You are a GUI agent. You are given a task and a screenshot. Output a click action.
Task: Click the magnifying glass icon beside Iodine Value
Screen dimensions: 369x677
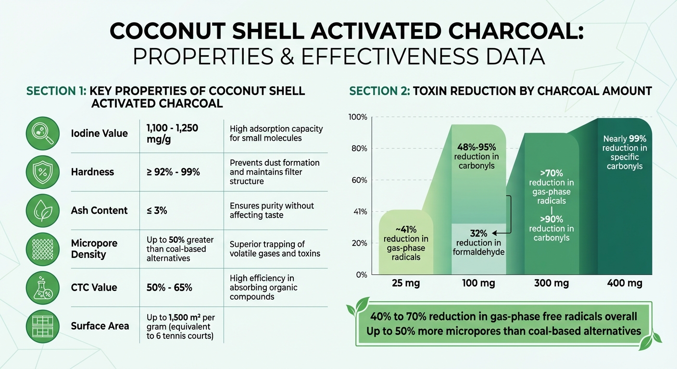tap(42, 134)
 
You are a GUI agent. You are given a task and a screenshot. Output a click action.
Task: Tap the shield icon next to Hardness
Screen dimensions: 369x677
tap(42, 172)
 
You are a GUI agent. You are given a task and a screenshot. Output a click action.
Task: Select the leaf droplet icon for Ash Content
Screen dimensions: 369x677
tap(42, 210)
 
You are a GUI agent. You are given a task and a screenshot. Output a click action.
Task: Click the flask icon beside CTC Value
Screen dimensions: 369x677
tap(42, 287)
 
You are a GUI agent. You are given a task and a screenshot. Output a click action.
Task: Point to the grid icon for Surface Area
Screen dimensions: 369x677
tap(42, 326)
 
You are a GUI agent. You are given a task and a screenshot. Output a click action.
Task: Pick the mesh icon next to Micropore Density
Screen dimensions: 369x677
tap(42, 249)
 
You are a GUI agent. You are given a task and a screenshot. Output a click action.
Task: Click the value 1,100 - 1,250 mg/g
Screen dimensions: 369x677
tap(172, 133)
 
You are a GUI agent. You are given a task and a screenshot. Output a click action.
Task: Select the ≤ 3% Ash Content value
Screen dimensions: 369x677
tap(157, 210)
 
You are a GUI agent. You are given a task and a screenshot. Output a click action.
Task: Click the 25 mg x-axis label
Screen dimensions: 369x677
tap(406, 283)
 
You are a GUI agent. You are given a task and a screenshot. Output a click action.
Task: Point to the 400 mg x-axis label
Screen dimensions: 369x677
tap(625, 283)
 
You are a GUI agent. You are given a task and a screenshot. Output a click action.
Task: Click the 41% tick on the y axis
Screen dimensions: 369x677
tap(359, 211)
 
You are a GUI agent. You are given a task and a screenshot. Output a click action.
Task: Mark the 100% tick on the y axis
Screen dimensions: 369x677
tap(358, 117)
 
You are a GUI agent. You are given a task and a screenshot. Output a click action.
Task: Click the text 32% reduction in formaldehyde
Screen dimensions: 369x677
tap(478, 243)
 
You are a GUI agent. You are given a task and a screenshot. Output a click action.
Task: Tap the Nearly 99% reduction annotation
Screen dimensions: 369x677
tap(625, 152)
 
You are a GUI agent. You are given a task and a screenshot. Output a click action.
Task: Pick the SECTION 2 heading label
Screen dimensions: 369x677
tap(377, 91)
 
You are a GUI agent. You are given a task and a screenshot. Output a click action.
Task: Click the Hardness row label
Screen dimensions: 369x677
tap(92, 172)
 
